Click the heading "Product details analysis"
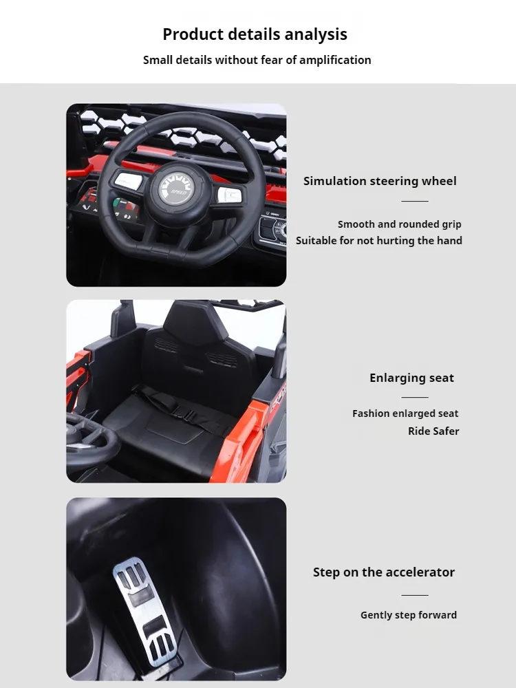255,34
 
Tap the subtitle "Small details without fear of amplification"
257,60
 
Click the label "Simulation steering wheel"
380,181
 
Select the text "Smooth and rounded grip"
399,224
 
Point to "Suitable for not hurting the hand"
378,241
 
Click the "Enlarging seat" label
411,378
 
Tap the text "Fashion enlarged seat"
405,413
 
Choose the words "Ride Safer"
433,431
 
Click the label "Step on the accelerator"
383,572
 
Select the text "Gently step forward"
408,615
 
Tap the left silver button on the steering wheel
128,181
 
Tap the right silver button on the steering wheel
228,195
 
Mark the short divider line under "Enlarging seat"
415,397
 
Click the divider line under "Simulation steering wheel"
415,201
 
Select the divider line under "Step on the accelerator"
415,595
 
